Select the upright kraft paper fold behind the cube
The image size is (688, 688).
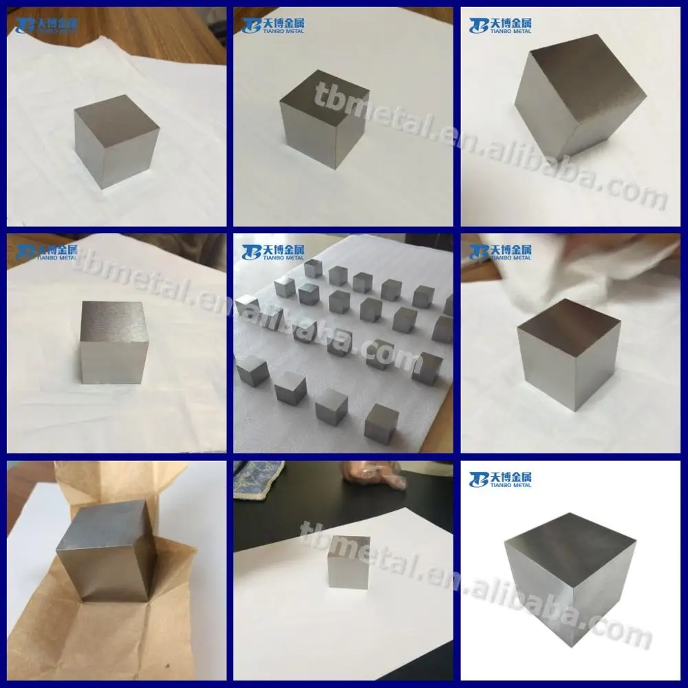(103, 482)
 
